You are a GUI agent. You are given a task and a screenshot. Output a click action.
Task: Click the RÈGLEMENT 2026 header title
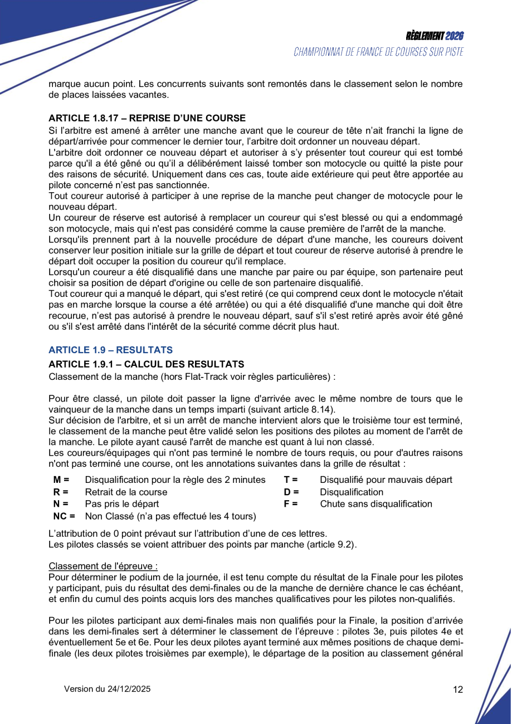pos(435,36)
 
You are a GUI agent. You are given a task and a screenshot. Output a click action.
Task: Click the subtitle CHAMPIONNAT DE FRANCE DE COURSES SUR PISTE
pos(379,52)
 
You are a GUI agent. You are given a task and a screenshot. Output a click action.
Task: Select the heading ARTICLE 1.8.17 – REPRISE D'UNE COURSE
pos(147,118)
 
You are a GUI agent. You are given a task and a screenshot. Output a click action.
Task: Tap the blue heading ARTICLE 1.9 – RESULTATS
pos(110,350)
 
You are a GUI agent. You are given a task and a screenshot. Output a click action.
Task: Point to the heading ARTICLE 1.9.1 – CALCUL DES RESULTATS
pos(146,364)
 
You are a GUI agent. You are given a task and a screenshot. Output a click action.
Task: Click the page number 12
pos(458,689)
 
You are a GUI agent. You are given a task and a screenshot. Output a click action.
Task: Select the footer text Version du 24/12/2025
pos(107,689)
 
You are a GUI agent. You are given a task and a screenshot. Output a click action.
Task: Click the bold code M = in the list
pos(61,480)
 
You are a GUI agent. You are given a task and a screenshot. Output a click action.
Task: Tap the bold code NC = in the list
pos(64,516)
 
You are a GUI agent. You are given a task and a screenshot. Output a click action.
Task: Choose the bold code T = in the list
pos(291,480)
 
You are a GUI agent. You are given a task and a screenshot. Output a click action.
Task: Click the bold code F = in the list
pos(291,504)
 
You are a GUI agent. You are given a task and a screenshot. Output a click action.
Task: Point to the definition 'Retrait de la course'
pos(126,492)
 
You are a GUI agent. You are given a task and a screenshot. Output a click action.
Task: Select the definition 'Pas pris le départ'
pos(122,504)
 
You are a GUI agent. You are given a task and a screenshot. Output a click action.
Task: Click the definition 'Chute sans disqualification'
pos(376,504)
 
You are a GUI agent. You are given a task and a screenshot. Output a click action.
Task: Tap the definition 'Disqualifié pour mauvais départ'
pos(386,480)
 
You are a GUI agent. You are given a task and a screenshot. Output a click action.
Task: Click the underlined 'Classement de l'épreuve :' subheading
pos(103,566)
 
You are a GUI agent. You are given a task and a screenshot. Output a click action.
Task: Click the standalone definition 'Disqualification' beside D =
pos(352,492)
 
